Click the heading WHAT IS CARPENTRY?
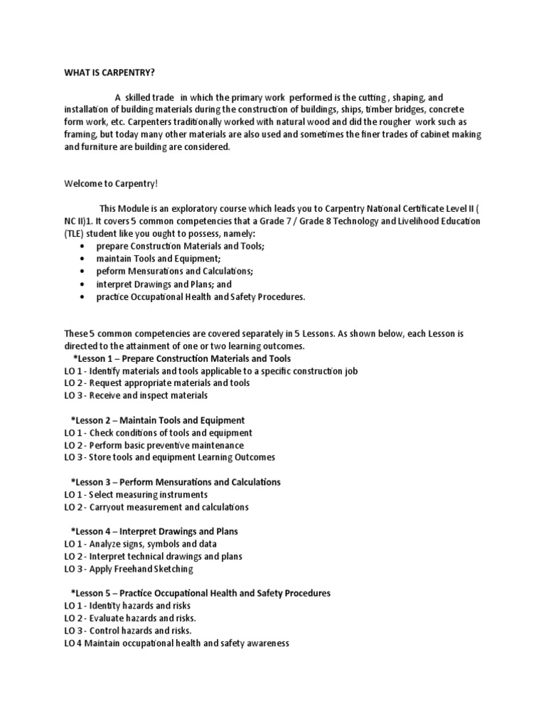pyautogui.click(x=109, y=72)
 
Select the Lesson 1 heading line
pyautogui.click(x=182, y=358)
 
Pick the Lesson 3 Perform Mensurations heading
pyautogui.click(x=176, y=482)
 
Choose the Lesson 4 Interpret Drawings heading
pyautogui.click(x=164, y=531)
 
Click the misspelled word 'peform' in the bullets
pyautogui.click(x=111, y=272)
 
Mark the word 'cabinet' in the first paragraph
pyautogui.click(x=431, y=134)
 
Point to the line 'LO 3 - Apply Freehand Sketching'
pyautogui.click(x=128, y=569)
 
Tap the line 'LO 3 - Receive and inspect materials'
pyautogui.click(x=136, y=395)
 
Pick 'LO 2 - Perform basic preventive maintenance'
pyautogui.click(x=154, y=445)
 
